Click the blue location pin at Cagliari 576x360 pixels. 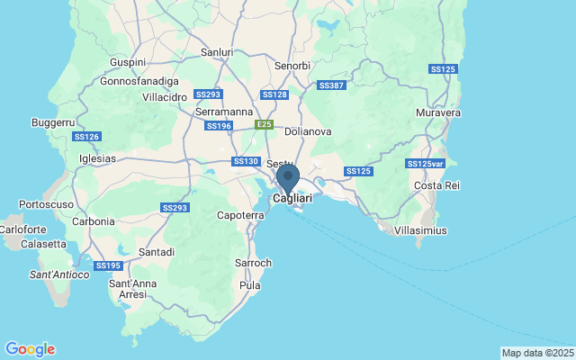pos(288,176)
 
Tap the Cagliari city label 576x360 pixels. pos(292,198)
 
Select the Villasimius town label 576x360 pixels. pos(421,230)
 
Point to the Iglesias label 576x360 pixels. pos(98,157)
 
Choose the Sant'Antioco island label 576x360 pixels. pos(59,274)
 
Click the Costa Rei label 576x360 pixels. pos(436,185)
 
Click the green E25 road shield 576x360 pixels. pos(263,124)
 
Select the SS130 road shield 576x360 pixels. pos(245,161)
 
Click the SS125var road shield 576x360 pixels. pos(425,164)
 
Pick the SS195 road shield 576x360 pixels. pos(108,265)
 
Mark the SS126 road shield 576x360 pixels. pos(85,137)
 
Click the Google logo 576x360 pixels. pos(30,349)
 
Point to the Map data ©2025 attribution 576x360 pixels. pos(536,353)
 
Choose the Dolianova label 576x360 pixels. pos(308,131)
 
